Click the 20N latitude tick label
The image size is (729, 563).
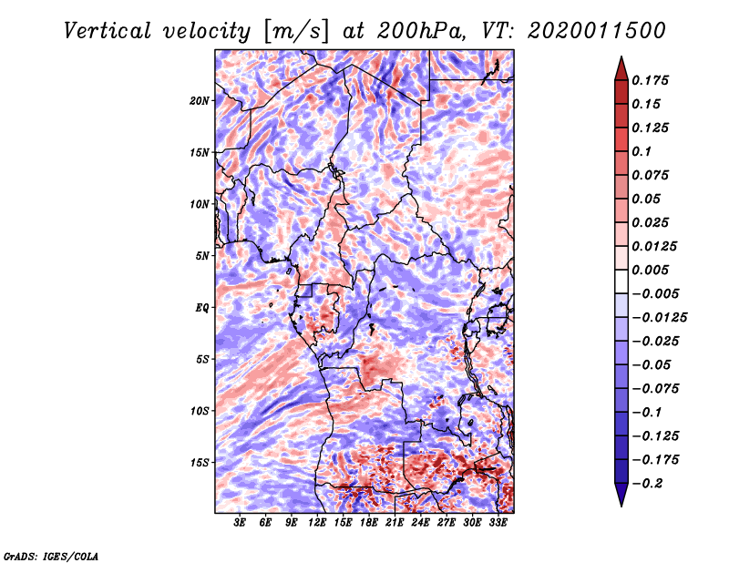click(x=200, y=100)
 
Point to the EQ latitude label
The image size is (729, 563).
click(x=201, y=307)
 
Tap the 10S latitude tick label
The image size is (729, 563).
click(x=200, y=411)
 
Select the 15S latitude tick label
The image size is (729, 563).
click(x=200, y=463)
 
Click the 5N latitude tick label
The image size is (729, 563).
click(x=202, y=255)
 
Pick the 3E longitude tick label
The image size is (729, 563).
click(x=241, y=524)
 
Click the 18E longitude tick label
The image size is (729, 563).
click(x=370, y=524)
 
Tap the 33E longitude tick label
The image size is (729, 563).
click(x=499, y=524)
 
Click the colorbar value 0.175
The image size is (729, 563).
click(x=654, y=80)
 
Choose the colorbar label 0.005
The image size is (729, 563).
click(x=654, y=270)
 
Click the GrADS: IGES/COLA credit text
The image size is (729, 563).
click(x=51, y=555)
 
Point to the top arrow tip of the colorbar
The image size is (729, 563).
click(x=620, y=58)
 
